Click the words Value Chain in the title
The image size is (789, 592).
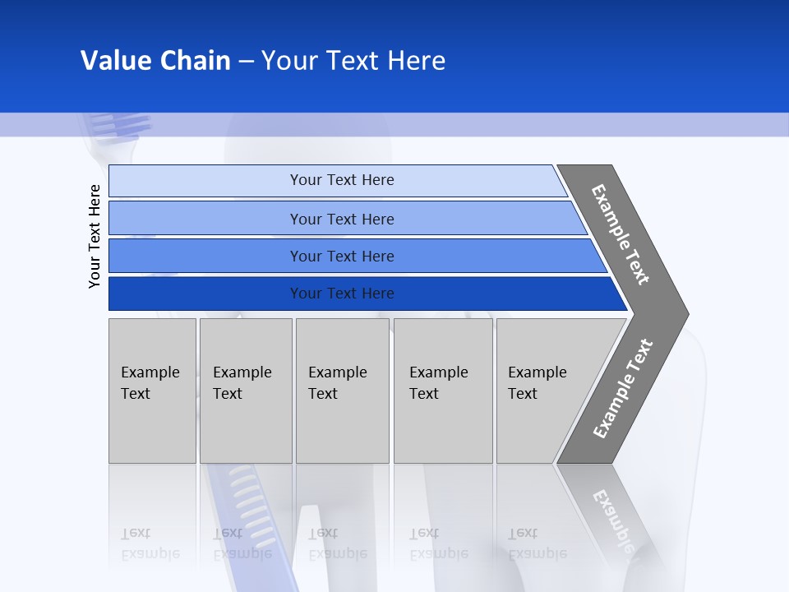(155, 61)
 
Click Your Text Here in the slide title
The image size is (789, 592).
(353, 61)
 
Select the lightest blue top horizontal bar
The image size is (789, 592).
(205, 181)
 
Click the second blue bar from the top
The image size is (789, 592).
(205, 219)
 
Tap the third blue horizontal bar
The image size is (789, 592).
(205, 257)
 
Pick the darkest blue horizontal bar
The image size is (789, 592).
(205, 294)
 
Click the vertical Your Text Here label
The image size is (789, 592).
(95, 236)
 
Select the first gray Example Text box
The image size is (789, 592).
(152, 391)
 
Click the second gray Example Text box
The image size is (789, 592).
(246, 391)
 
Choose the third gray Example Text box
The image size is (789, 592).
(342, 391)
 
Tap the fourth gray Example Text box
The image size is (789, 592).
(443, 391)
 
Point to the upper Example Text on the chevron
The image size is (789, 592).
(621, 234)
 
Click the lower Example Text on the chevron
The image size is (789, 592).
(623, 388)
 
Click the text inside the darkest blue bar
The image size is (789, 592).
(342, 294)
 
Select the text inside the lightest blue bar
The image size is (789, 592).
(342, 180)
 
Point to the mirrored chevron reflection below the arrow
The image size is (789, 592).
(612, 514)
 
